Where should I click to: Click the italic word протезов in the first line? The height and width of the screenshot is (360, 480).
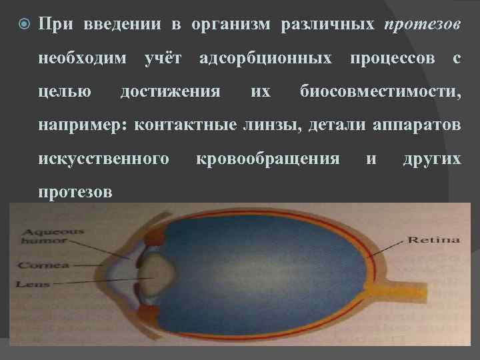click(423, 25)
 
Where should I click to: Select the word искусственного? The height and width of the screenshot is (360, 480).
click(103, 159)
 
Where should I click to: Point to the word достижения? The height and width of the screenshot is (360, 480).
click(171, 91)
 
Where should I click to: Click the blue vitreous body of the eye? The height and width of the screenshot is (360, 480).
click(267, 273)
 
